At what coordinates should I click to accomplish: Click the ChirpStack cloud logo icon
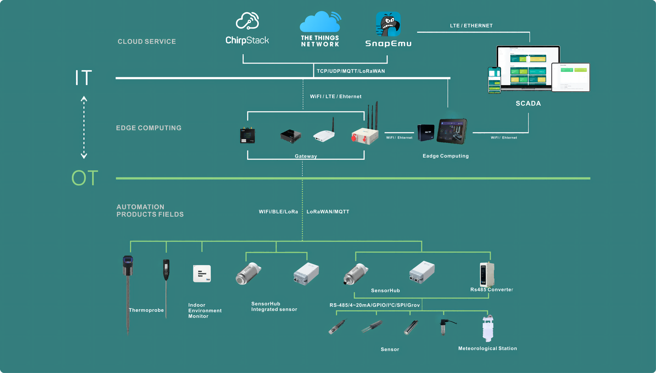pos(247,21)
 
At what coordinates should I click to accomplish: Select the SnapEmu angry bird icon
pos(388,24)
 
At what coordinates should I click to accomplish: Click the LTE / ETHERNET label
pos(471,26)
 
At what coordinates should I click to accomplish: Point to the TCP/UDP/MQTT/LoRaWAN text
pos(351,71)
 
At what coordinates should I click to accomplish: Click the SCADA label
pos(528,104)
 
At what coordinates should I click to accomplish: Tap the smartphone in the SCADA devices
pos(494,80)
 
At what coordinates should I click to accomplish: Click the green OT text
pos(85,178)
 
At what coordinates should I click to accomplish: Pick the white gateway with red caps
pos(365,136)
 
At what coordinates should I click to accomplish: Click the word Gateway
pos(306,156)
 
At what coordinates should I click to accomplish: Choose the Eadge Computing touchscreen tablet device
pos(452,131)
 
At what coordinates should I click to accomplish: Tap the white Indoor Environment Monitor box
pos(202,274)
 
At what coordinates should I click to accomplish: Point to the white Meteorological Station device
pos(488,328)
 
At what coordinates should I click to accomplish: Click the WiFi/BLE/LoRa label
pos(278,212)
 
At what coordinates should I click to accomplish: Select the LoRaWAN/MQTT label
pos(328,212)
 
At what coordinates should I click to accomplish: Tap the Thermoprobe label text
pos(146,310)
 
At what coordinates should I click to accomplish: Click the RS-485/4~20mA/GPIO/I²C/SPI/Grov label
pos(375,305)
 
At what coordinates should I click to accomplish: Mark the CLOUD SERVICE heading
pos(147,41)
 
